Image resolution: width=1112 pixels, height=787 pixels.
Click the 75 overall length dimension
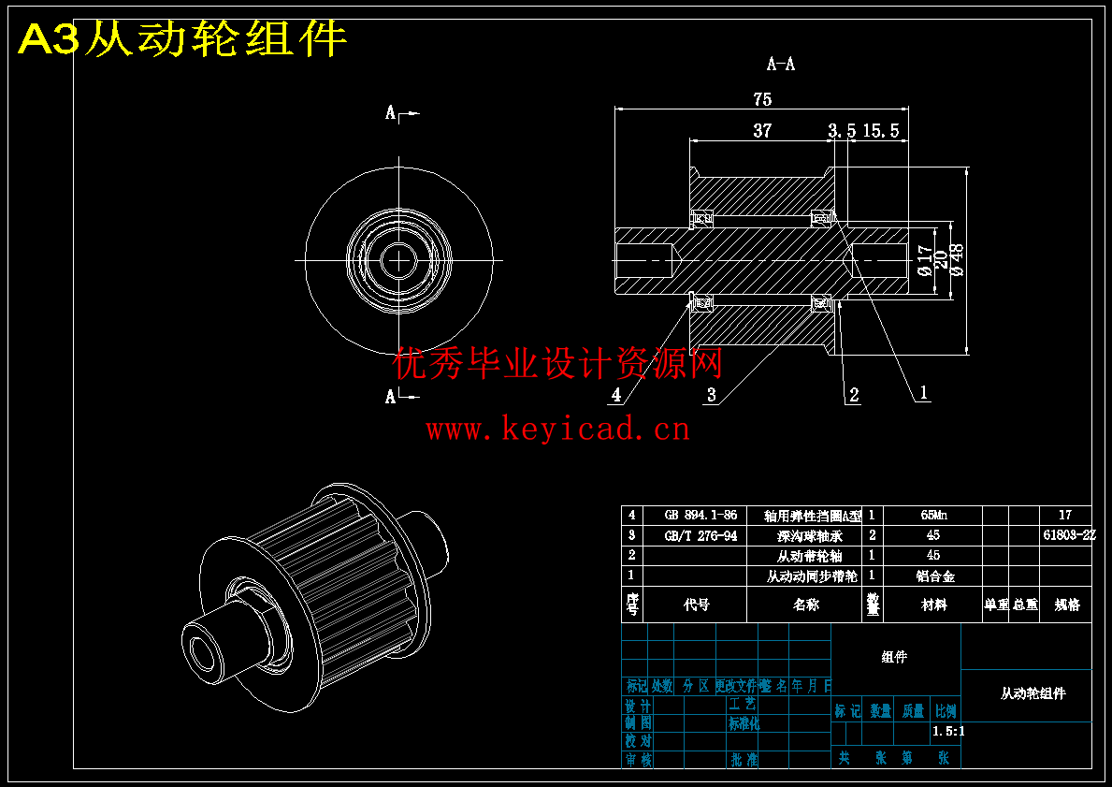761,99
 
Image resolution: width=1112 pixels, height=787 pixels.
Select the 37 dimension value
762,131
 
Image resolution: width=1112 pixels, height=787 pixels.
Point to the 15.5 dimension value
880,131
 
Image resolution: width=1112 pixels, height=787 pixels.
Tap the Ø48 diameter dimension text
957,258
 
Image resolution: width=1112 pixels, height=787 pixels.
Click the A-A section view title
781,65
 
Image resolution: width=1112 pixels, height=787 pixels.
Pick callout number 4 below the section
615,395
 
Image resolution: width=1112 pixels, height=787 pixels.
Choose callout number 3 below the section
712,395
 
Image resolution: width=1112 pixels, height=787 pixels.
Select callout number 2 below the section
854,395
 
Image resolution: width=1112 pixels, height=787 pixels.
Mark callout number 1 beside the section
924,393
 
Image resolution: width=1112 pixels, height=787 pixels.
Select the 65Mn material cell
932,516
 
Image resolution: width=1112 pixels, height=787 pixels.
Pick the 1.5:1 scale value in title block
948,732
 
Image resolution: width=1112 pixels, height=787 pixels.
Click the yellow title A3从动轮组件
183,40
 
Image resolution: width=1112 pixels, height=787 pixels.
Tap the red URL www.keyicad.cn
557,430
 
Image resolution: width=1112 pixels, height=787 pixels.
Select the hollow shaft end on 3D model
201,651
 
